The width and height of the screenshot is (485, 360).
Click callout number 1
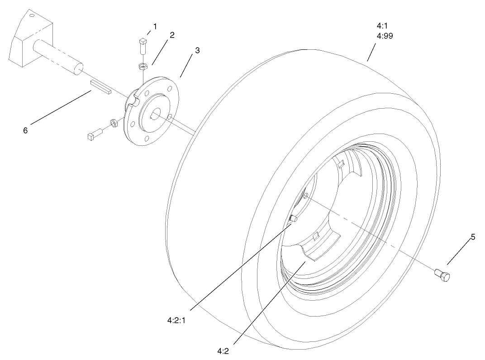[x=155, y=27]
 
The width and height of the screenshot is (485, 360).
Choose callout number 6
[x=25, y=130]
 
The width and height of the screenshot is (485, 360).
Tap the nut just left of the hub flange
[x=115, y=123]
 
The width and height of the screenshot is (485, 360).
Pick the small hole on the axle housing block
[x=32, y=16]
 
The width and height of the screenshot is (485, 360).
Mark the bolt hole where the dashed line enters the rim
[x=306, y=196]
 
